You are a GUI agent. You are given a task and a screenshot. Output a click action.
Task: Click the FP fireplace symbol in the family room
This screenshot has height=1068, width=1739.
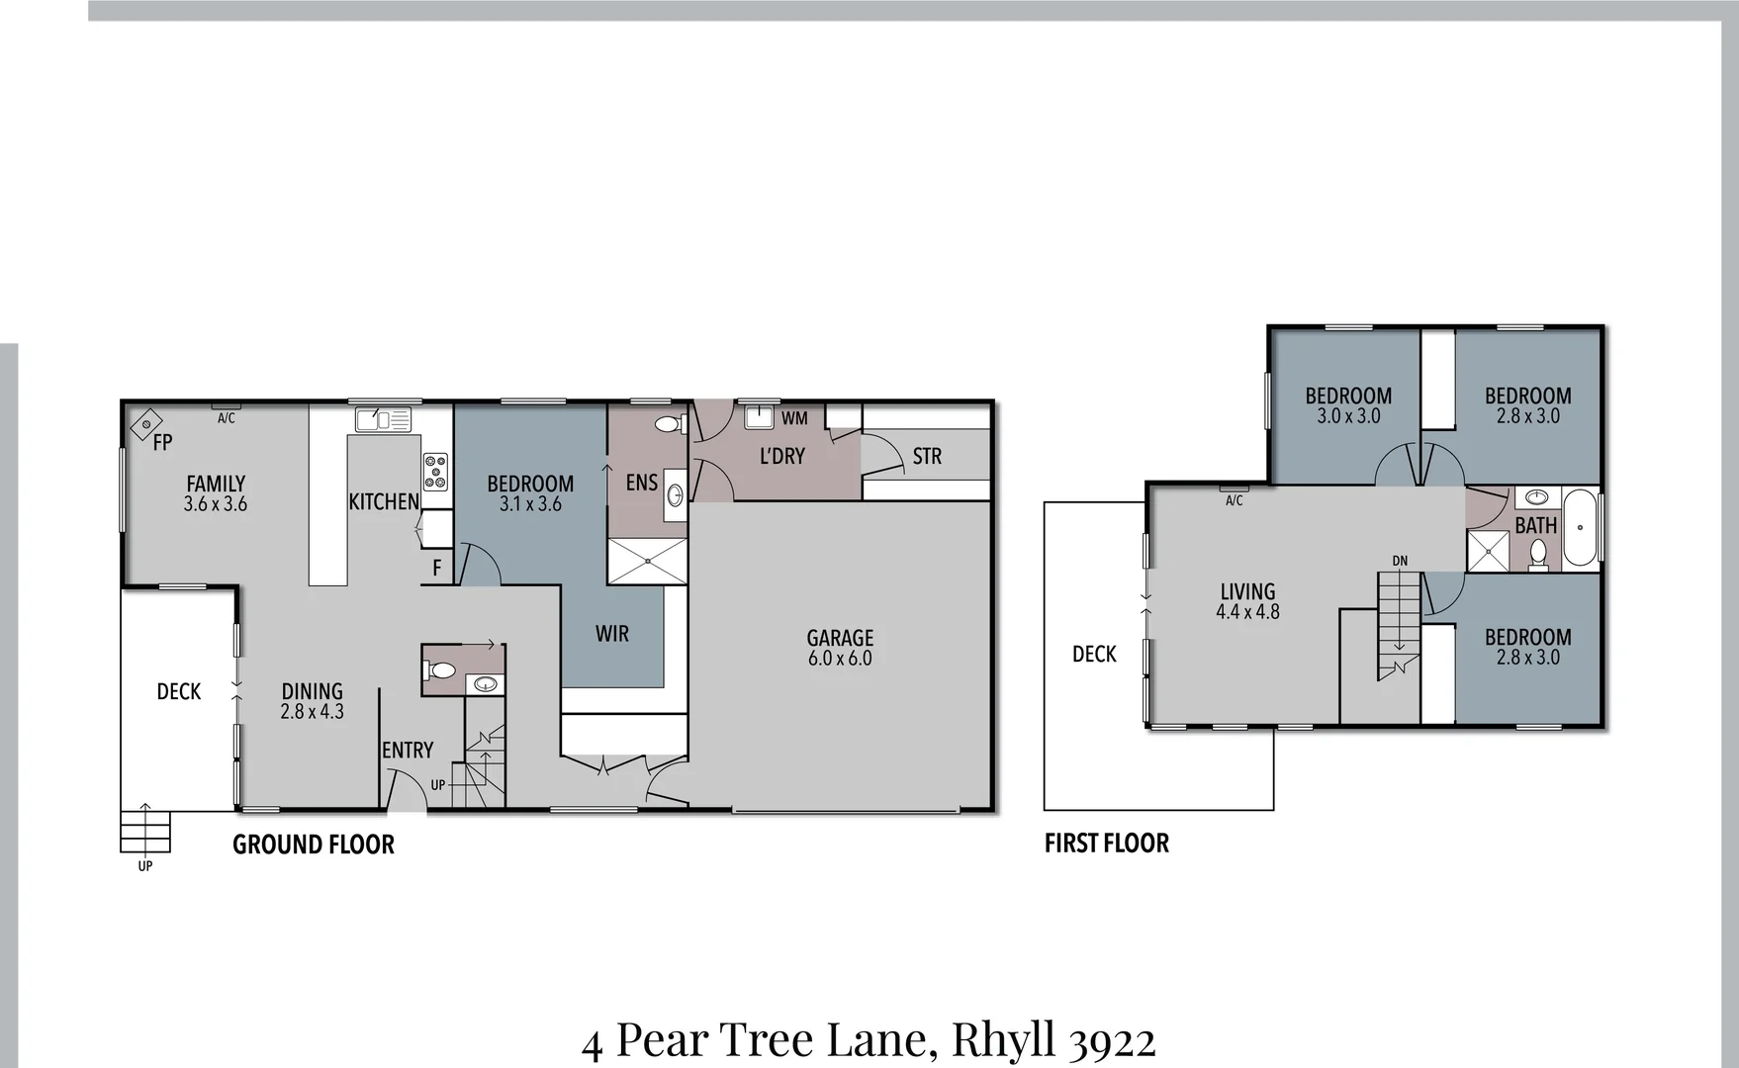pyautogui.click(x=146, y=425)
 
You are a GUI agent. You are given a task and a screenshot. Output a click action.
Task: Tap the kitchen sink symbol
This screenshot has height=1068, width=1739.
pyautogui.click(x=383, y=419)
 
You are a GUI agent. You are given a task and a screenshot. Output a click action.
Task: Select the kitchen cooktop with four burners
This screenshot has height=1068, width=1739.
pyautogui.click(x=435, y=472)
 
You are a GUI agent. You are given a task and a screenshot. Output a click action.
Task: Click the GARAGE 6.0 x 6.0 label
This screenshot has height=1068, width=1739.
pyautogui.click(x=840, y=648)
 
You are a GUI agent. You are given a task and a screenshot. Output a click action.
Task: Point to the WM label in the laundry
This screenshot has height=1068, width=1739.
pyautogui.click(x=794, y=418)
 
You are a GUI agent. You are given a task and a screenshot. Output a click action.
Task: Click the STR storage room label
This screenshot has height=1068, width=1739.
pyautogui.click(x=927, y=456)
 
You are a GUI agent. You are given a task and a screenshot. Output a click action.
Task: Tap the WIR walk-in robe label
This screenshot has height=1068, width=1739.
pyautogui.click(x=611, y=634)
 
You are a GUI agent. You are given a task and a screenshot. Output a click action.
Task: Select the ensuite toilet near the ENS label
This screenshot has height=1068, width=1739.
pyautogui.click(x=669, y=424)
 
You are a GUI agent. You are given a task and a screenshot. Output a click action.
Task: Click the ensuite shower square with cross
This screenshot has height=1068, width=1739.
pyautogui.click(x=646, y=561)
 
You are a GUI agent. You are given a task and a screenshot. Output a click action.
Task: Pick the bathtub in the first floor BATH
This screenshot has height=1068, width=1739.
pyautogui.click(x=1580, y=526)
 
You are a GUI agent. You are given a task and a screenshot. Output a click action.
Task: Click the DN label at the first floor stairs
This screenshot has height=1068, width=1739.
pyautogui.click(x=1400, y=561)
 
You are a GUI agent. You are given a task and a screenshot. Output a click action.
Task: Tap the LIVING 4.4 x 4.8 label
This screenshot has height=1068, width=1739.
pyautogui.click(x=1247, y=601)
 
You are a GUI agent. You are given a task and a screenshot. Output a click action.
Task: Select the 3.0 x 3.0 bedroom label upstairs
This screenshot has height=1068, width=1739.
pyautogui.click(x=1348, y=405)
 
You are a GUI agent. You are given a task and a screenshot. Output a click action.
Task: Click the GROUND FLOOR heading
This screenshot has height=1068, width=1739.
pyautogui.click(x=314, y=844)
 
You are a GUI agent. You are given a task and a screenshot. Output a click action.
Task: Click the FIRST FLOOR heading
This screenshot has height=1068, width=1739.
pyautogui.click(x=1107, y=843)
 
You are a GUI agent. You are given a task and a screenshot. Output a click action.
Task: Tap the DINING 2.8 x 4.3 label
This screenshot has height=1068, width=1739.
pyautogui.click(x=312, y=700)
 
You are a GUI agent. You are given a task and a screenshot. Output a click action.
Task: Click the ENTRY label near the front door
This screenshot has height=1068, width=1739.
pyautogui.click(x=408, y=751)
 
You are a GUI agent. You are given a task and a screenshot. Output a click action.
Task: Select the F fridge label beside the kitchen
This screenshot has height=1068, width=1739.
pyautogui.click(x=436, y=569)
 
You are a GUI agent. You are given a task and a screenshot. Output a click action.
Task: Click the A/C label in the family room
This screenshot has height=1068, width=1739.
pyautogui.click(x=227, y=418)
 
